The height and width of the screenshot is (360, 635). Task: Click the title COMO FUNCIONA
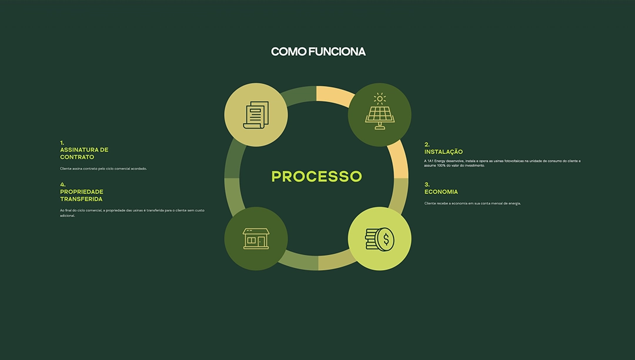318,52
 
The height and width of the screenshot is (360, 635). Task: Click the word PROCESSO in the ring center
316,176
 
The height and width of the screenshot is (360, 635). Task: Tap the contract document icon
256,115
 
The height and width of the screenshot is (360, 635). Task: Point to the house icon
256,238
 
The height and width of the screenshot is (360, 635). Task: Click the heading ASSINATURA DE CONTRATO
84,154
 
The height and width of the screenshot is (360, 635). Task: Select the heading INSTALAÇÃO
443,152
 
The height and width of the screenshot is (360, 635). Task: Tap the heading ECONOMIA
441,192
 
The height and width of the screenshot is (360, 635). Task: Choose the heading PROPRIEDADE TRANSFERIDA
82,195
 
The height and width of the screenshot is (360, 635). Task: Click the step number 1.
62,142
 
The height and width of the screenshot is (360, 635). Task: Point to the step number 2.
427,144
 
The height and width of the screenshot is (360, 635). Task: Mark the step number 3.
427,184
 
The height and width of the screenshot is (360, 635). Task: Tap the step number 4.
62,184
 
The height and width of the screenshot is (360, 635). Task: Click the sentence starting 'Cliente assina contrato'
103,169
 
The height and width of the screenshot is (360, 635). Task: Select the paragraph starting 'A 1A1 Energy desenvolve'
502,163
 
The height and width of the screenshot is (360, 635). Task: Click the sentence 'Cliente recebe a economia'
472,204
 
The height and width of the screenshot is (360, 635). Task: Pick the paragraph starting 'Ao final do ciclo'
135,212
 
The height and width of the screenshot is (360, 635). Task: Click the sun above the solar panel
379,99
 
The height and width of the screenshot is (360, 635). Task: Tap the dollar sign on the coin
386,239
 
